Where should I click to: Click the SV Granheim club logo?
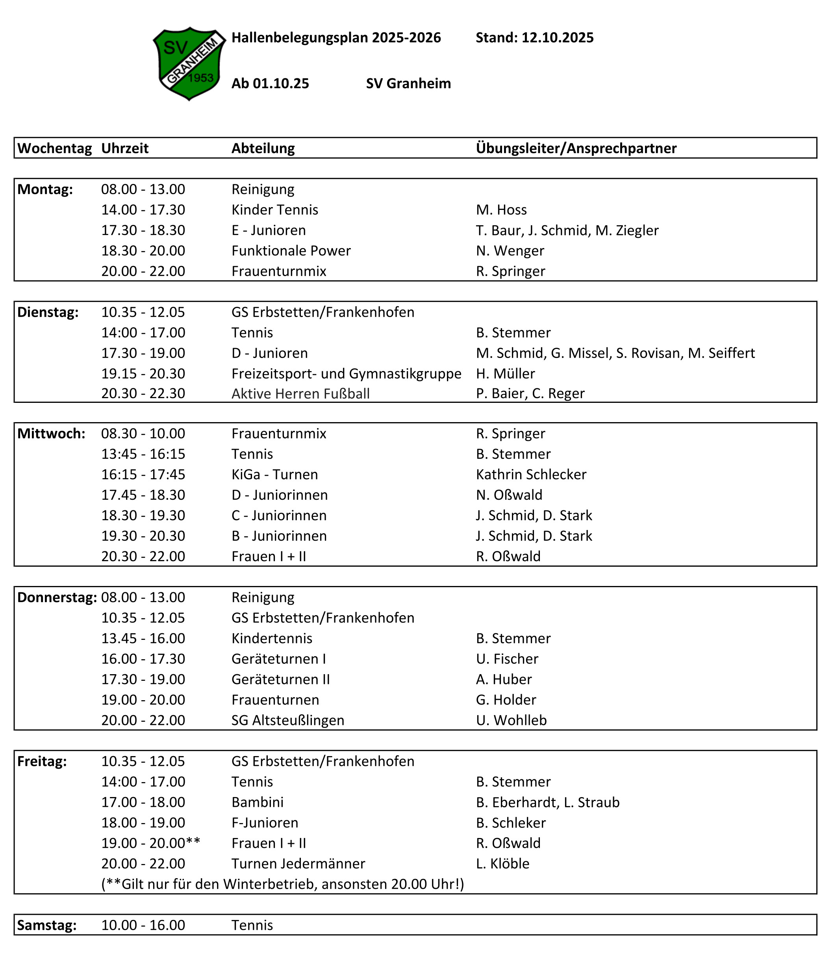tap(189, 63)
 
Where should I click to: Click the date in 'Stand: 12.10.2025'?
tap(557, 37)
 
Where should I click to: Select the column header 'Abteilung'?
tap(263, 148)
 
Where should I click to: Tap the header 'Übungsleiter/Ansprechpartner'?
tap(576, 148)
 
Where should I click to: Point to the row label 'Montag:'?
tap(45, 189)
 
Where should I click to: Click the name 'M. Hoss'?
tap(501, 210)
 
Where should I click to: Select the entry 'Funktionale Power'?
tap(291, 251)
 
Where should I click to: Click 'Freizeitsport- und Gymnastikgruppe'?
tap(346, 373)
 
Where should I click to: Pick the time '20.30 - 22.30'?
tap(143, 393)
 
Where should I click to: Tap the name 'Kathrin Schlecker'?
tap(531, 475)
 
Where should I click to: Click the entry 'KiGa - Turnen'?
tap(274, 475)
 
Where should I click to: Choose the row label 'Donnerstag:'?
tap(57, 597)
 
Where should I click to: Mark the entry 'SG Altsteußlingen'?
tap(288, 720)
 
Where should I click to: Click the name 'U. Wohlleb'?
tap(511, 720)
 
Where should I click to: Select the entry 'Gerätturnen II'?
tap(280, 679)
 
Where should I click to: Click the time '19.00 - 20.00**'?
tap(150, 844)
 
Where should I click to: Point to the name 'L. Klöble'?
tap(502, 864)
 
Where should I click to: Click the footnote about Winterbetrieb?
tap(283, 884)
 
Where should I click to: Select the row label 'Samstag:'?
tap(46, 925)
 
